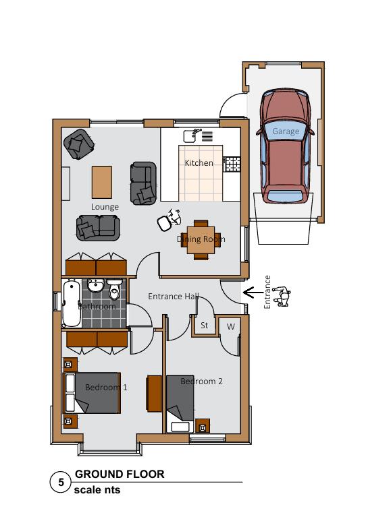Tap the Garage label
pyautogui.click(x=285, y=131)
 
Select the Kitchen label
pyautogui.click(x=199, y=163)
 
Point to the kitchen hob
pyautogui.click(x=232, y=163)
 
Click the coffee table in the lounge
pyautogui.click(x=102, y=181)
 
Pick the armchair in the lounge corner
pyautogui.click(x=78, y=144)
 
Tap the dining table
pyautogui.click(x=201, y=241)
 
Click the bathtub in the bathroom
pyautogui.click(x=71, y=303)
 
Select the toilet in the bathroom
pyautogui.click(x=115, y=290)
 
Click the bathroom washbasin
pyautogui.click(x=95, y=286)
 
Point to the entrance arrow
pyautogui.click(x=251, y=293)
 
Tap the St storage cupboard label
pyautogui.click(x=204, y=326)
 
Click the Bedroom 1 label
pyautogui.click(x=106, y=387)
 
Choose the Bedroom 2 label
pyautogui.click(x=201, y=381)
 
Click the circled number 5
pyautogui.click(x=61, y=483)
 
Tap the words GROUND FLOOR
pyautogui.click(x=120, y=475)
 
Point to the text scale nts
pyautogui.click(x=97, y=490)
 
